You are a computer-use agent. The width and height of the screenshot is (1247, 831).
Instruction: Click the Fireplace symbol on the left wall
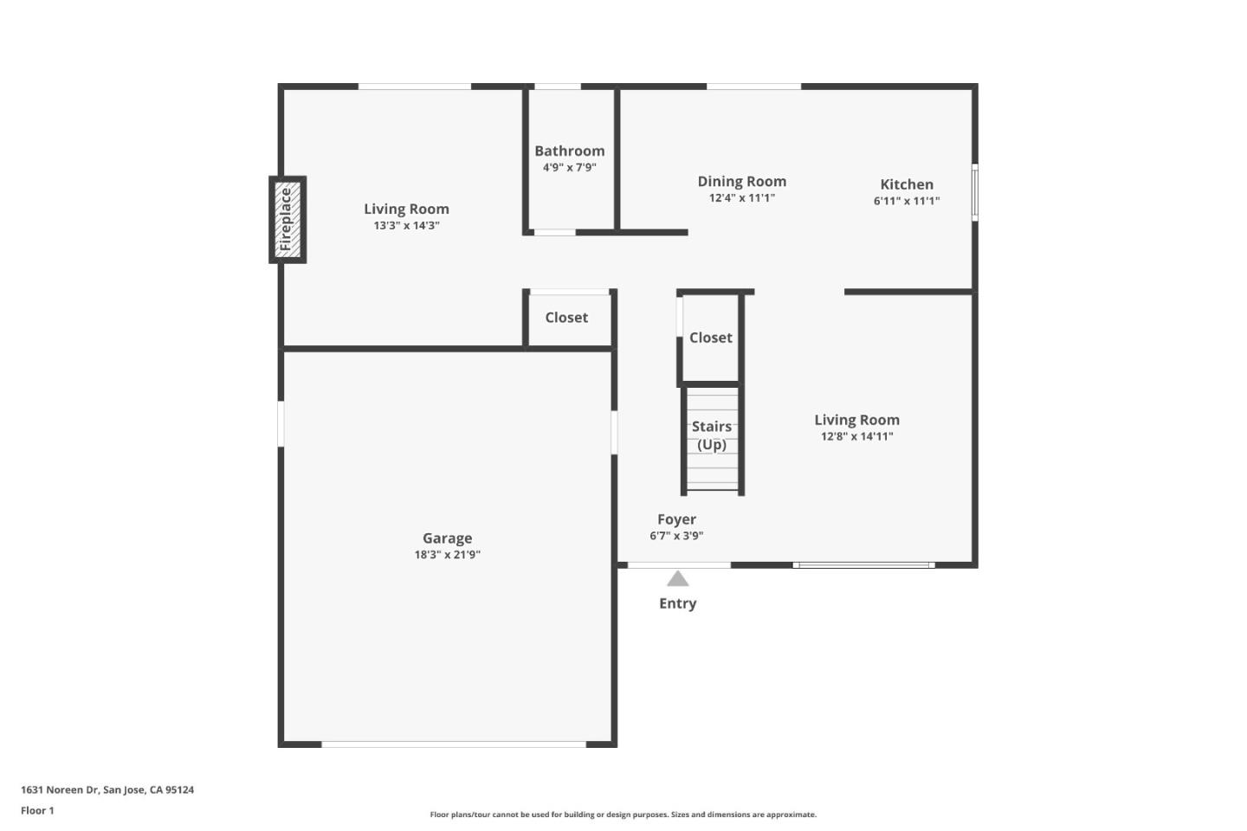tap(288, 219)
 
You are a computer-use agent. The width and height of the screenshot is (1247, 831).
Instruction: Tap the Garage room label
tap(447, 538)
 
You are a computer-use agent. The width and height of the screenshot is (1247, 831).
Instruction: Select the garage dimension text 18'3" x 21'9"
tap(447, 555)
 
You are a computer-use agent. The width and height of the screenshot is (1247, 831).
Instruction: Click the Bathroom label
tap(569, 151)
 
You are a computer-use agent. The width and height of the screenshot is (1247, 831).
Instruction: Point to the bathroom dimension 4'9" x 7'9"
tap(569, 167)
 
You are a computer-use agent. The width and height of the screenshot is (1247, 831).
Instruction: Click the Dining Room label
tap(741, 181)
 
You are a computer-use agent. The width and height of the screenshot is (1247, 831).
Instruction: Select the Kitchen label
tap(906, 184)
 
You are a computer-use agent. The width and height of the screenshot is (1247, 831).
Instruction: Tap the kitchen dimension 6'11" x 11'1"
tap(906, 201)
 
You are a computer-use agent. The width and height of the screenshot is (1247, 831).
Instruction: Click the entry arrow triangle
tap(677, 579)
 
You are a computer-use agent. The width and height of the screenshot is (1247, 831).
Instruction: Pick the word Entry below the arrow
tap(677, 603)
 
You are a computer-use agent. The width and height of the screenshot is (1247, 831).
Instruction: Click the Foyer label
tap(676, 519)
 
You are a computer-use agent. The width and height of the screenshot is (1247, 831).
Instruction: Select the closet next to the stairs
tap(710, 338)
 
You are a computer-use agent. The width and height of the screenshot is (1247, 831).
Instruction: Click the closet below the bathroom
tap(566, 318)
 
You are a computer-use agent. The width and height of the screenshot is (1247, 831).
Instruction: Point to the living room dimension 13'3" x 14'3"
tap(406, 226)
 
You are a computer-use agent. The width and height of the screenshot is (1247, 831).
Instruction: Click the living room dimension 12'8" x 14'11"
tap(856, 436)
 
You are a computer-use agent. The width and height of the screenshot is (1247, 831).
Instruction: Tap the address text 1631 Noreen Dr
tap(107, 789)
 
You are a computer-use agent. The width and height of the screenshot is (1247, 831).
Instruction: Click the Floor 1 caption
tap(37, 810)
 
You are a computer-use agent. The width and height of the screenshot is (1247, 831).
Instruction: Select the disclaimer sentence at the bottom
tap(623, 815)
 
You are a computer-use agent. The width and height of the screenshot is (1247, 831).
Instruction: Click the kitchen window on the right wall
tap(974, 192)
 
